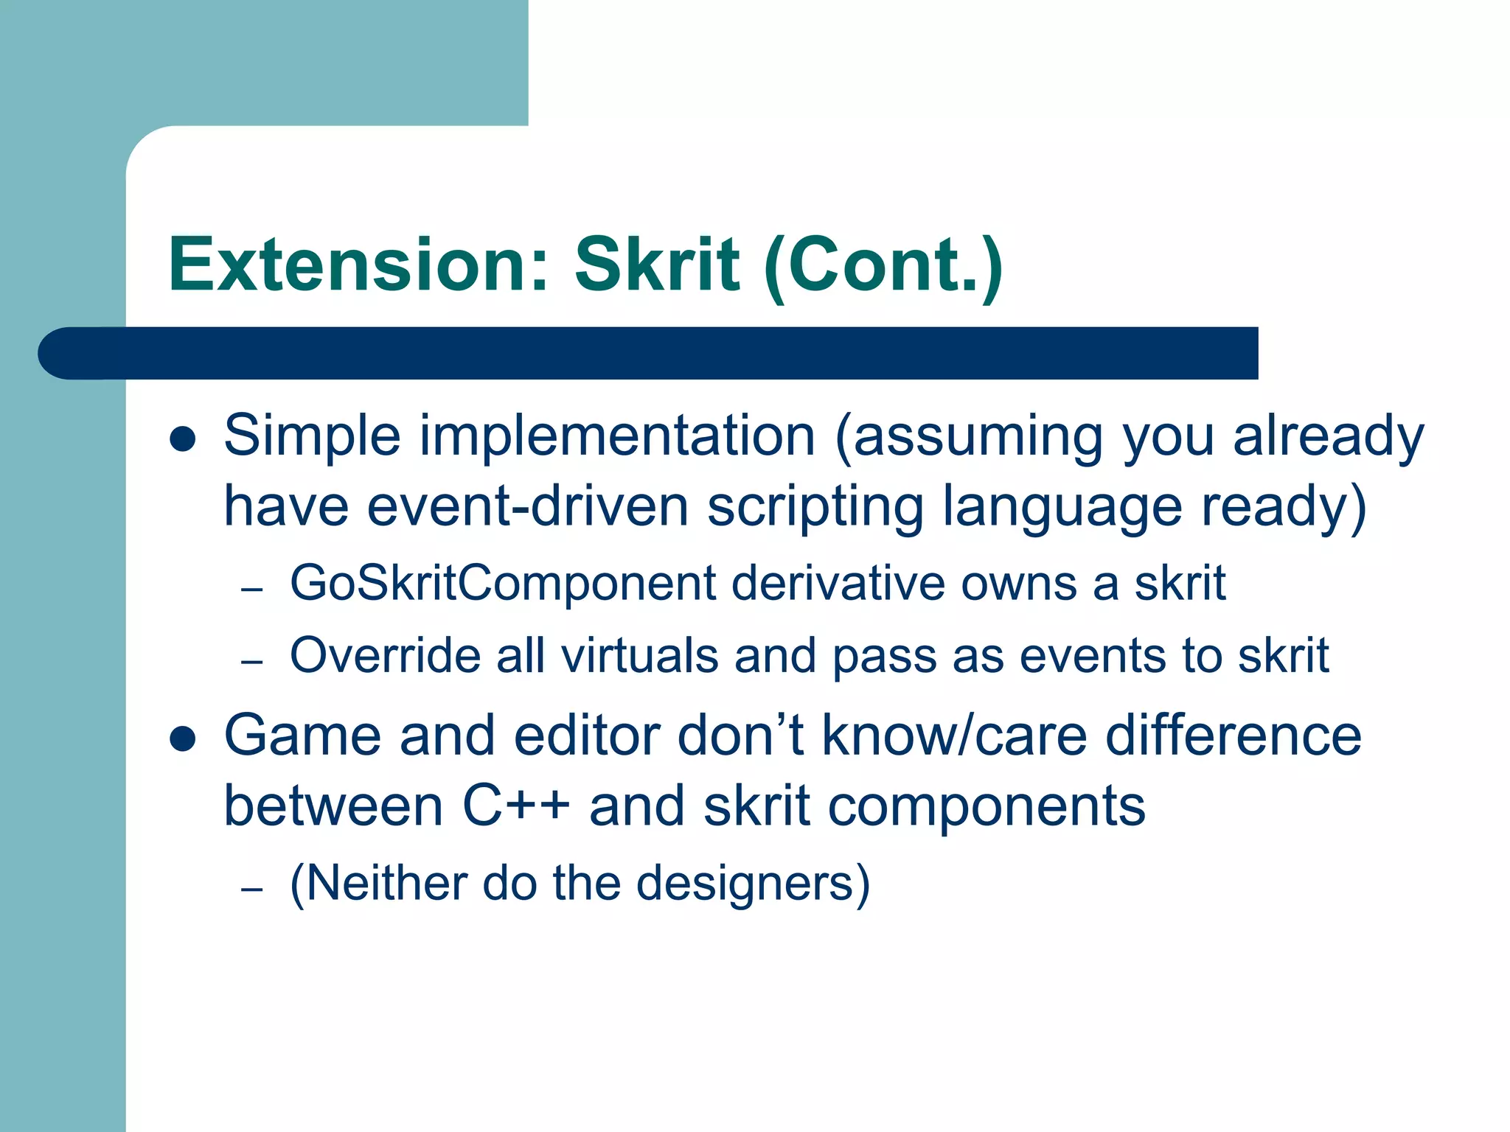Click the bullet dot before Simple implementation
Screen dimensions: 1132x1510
[x=182, y=439]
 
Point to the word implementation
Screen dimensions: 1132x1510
[x=617, y=436]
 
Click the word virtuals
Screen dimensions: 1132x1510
[x=639, y=655]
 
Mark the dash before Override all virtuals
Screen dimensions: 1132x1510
[x=252, y=662]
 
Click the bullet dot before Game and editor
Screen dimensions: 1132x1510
[x=182, y=738]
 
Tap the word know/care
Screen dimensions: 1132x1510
[x=954, y=736]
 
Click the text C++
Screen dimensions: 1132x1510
[x=515, y=806]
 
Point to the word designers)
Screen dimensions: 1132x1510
[x=753, y=884]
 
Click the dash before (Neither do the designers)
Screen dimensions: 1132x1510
[x=252, y=890]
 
